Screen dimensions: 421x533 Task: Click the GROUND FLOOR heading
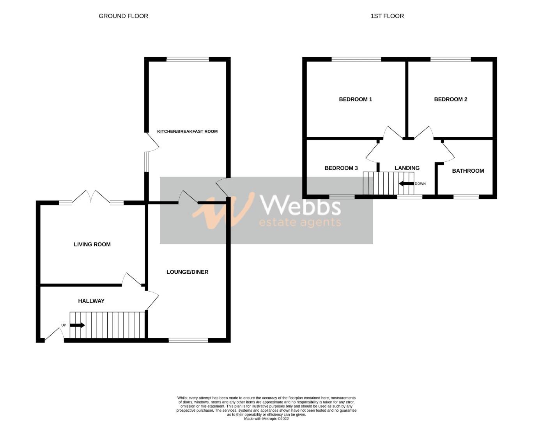coord(123,16)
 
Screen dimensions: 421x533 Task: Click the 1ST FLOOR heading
coord(387,16)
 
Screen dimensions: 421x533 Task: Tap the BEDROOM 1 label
coord(355,99)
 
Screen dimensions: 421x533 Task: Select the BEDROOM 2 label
coord(450,99)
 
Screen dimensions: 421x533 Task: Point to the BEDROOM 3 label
coord(341,168)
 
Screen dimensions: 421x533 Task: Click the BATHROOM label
coord(468,171)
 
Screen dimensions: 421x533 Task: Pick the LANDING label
coord(407,168)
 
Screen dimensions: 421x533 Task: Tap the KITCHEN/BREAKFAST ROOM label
coord(187,131)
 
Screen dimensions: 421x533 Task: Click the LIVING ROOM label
coord(92,244)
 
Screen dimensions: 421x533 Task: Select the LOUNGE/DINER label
coord(187,272)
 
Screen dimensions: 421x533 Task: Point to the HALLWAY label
coord(91,301)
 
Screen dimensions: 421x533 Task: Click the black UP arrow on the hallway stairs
coord(77,325)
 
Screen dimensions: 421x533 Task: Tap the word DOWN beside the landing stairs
coord(420,184)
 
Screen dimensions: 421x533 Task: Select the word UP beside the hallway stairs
coord(64,325)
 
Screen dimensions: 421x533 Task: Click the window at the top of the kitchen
coord(188,60)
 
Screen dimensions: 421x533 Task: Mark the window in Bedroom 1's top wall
coord(356,60)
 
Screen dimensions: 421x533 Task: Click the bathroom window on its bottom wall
coord(466,197)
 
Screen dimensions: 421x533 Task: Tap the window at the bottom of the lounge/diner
coord(188,340)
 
